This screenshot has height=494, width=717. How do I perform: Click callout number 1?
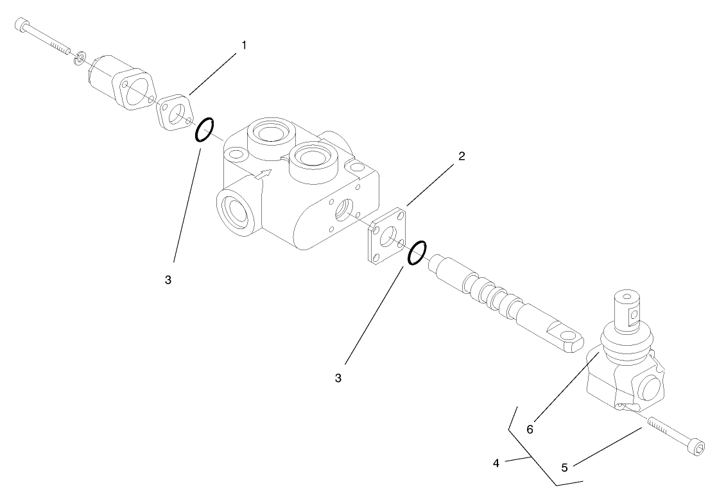244,46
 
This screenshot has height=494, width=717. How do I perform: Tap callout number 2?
462,156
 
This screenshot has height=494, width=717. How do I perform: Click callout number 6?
530,429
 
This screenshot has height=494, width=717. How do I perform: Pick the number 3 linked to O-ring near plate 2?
338,378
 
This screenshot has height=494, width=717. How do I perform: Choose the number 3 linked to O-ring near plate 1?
168,280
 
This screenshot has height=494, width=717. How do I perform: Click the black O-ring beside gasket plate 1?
204,130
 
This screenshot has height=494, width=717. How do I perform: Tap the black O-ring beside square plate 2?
417,253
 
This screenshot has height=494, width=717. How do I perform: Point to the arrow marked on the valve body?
263,173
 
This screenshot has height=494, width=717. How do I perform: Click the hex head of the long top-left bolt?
22,25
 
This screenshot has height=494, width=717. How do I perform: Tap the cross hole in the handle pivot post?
635,314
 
